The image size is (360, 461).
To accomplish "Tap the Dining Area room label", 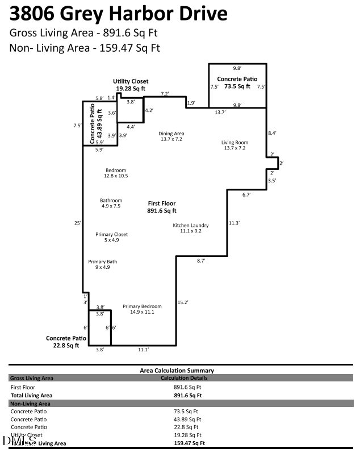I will (171, 136).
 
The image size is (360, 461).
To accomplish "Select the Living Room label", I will (235, 145).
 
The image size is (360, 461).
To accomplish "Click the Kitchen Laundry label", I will (191, 228).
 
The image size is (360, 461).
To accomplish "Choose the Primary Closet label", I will (111, 237).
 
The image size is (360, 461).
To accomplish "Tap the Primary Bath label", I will (102, 264).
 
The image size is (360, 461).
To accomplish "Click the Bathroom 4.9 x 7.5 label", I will (111, 203).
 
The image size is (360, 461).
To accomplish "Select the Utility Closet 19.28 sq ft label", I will (131, 85).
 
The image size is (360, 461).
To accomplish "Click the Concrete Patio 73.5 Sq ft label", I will (237, 82).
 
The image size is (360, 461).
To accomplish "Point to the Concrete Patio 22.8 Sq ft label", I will (67, 341).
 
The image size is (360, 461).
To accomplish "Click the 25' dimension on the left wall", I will (77, 222).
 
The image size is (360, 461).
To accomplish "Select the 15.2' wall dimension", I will (183, 302).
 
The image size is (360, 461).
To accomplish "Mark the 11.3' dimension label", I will (234, 223).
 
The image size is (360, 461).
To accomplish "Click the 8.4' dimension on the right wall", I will (273, 133).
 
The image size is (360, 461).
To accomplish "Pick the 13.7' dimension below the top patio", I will (220, 113).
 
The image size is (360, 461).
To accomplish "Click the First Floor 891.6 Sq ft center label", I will (162, 207).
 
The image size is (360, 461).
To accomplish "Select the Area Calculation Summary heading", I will (177, 370).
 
